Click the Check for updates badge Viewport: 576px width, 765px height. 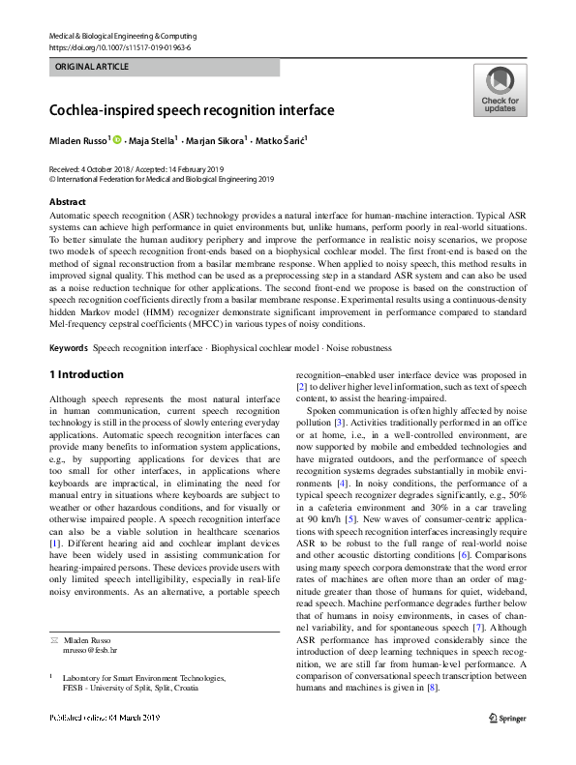[x=499, y=90]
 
